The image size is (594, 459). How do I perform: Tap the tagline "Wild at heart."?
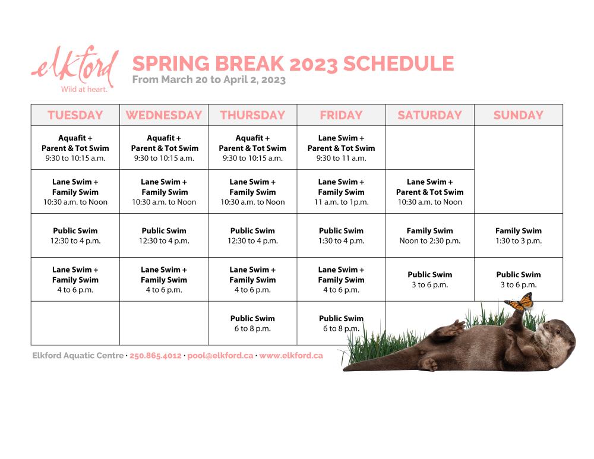[x=84, y=90]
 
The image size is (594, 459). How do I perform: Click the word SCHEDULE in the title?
[x=399, y=64]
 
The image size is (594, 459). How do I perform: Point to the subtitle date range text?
[x=208, y=80]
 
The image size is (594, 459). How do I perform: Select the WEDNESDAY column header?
[x=164, y=115]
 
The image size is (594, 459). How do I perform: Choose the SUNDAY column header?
[x=519, y=115]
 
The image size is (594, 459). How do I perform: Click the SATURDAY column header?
[x=430, y=115]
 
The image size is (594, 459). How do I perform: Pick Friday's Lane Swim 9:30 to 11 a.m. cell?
[x=342, y=148]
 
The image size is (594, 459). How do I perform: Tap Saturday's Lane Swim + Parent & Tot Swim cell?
[x=430, y=192]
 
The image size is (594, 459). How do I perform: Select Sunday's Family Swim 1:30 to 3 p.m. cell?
[x=519, y=236]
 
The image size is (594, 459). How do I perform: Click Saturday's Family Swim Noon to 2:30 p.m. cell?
[x=430, y=236]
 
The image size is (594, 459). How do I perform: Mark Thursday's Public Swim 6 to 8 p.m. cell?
[x=252, y=324]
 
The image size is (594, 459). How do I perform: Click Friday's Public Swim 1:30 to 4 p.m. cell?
[x=342, y=236]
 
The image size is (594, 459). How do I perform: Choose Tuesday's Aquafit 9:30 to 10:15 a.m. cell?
[x=75, y=148]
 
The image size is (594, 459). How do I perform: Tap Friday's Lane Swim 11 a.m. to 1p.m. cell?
[x=342, y=192]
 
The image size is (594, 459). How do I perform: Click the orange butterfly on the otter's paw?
[x=519, y=302]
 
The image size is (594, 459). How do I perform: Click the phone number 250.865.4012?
[x=155, y=356]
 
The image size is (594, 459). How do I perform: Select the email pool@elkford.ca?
[x=220, y=356]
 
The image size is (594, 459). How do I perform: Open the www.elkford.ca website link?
[x=291, y=356]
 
